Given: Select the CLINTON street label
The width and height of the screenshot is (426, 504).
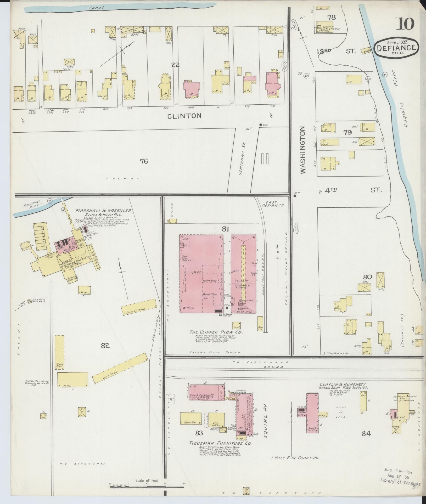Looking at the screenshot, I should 184,116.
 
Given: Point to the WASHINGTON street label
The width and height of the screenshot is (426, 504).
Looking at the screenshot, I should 303,150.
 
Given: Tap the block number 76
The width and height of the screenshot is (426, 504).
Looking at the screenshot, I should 144,161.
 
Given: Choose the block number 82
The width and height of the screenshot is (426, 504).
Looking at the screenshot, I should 105,346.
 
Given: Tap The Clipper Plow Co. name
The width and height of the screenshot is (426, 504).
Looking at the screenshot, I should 216,332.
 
